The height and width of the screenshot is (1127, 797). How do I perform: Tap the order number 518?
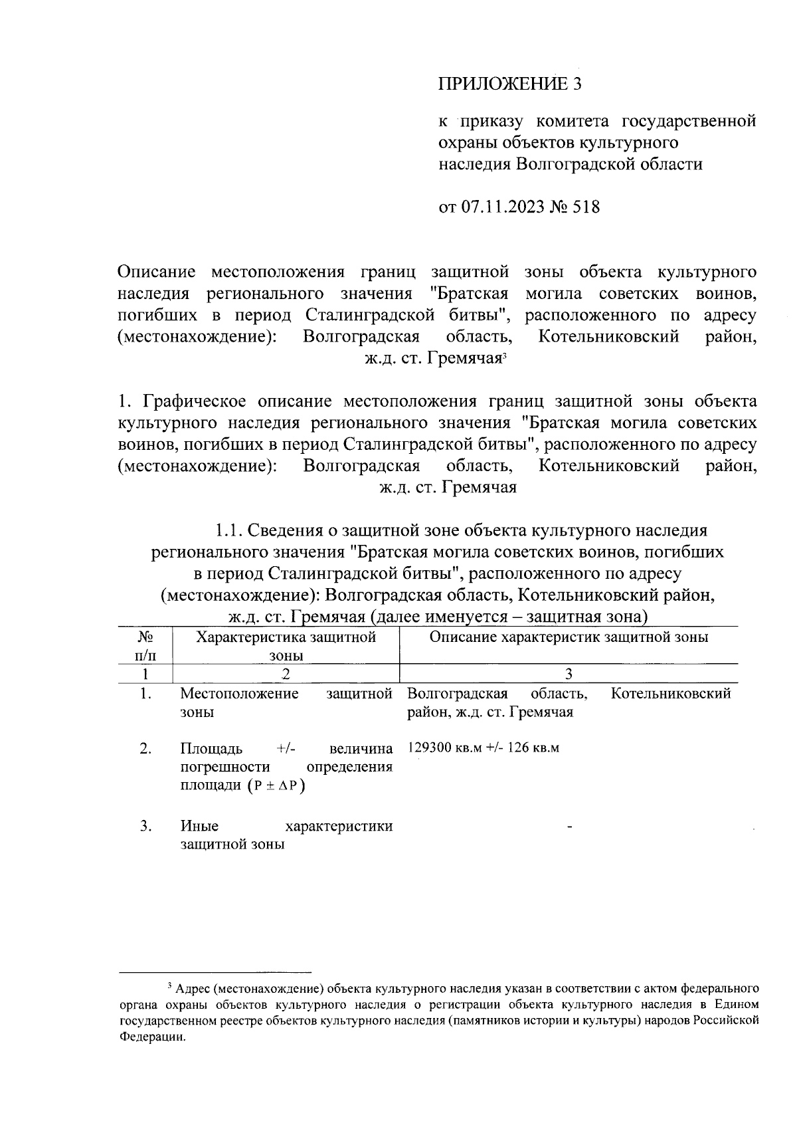[x=585, y=207]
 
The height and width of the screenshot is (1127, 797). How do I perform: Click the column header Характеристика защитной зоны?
[x=286, y=646]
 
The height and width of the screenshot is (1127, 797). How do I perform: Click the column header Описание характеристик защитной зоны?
[x=569, y=637]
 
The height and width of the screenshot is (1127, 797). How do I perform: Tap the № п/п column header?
[x=145, y=646]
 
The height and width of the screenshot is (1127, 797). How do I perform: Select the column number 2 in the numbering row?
[x=286, y=674]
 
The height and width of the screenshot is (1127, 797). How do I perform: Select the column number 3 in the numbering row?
[x=569, y=674]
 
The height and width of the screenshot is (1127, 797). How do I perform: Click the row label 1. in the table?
[x=145, y=694]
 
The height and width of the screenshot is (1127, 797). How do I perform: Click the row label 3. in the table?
[x=145, y=827]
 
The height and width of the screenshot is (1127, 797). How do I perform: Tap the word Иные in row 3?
[x=199, y=827]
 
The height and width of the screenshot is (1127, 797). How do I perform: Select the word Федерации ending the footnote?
[x=152, y=1039]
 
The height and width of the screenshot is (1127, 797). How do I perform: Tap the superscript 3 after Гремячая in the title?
[x=505, y=356]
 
